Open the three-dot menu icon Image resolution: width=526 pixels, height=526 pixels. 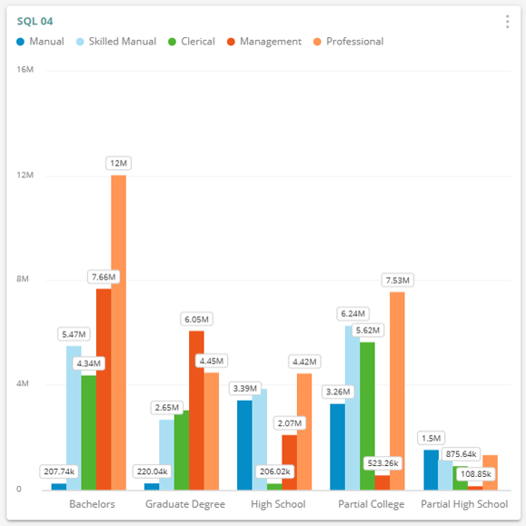pyautogui.click(x=507, y=22)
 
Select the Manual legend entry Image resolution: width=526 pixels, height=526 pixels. pyautogui.click(x=40, y=42)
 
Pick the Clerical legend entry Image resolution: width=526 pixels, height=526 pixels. pyautogui.click(x=192, y=42)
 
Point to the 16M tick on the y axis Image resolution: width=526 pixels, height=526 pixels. pyautogui.click(x=24, y=70)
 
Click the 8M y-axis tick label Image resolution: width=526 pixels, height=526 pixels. pyautogui.click(x=25, y=280)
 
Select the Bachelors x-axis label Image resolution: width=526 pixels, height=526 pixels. pyautogui.click(x=92, y=504)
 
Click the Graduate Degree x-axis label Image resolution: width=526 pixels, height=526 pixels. pyautogui.click(x=185, y=504)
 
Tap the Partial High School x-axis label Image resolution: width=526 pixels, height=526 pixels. pyautogui.click(x=464, y=504)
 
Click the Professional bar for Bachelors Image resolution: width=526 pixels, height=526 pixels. pyautogui.click(x=118, y=332)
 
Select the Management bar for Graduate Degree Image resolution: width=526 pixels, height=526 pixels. pyautogui.click(x=196, y=410)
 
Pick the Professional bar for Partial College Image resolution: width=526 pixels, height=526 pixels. pyautogui.click(x=397, y=391)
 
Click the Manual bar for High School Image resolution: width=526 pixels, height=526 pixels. pyautogui.click(x=244, y=444)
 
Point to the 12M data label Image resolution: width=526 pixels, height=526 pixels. pyautogui.click(x=119, y=164)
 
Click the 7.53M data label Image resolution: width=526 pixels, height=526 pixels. pyautogui.click(x=397, y=280)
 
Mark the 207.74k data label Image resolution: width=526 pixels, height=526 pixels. pyautogui.click(x=59, y=471)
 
